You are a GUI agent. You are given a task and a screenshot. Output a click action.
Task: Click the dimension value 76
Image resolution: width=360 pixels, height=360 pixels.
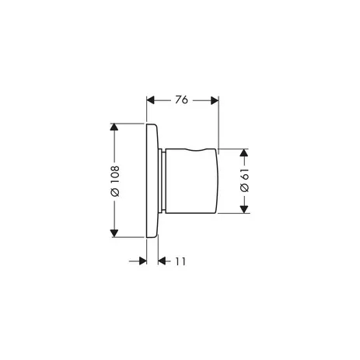click(181, 100)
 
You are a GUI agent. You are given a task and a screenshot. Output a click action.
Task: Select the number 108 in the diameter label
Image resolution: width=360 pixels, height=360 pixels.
click(115, 175)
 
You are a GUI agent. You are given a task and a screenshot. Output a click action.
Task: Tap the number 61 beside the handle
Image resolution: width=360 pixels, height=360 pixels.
click(244, 174)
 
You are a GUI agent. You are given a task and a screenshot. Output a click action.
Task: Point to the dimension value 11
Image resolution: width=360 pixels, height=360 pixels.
click(180, 261)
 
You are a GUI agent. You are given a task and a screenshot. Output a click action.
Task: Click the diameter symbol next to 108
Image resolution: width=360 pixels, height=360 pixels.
click(115, 192)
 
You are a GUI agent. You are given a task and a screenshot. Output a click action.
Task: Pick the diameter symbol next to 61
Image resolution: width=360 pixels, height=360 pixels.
click(244, 187)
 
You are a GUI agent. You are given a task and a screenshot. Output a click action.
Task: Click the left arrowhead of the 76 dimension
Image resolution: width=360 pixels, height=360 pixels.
click(151, 100)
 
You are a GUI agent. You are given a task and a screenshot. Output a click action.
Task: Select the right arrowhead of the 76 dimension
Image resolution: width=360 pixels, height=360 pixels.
click(215, 100)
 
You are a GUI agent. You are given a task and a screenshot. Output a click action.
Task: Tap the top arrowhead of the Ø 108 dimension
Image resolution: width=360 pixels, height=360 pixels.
click(114, 128)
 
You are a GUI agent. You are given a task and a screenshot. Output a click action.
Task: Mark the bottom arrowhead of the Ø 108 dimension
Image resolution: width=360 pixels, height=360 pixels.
click(114, 233)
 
